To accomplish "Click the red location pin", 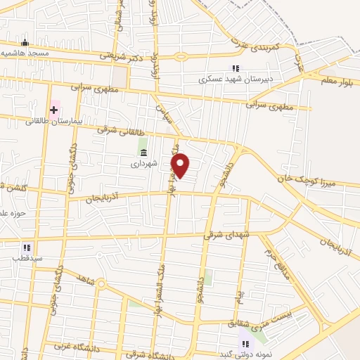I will [x=181, y=166].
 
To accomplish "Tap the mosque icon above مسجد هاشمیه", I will [x=25, y=42].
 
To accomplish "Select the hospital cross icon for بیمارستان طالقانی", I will [x=54, y=110].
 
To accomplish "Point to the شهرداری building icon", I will [x=143, y=153].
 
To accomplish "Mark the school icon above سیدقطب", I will [x=27, y=247].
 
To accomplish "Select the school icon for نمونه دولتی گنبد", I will [x=245, y=343].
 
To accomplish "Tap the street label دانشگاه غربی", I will [x=73, y=346].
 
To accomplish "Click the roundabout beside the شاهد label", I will [x=101, y=285].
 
